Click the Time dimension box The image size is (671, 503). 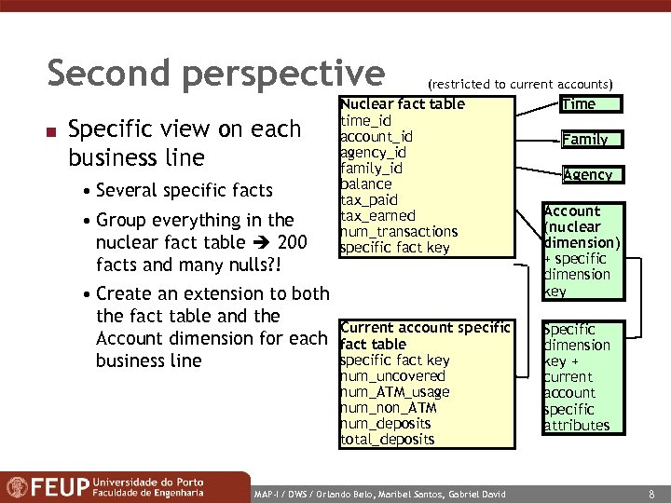578,104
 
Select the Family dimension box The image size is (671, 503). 584,140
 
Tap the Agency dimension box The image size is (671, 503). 587,174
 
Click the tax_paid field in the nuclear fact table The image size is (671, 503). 369,200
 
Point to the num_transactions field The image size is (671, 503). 399,232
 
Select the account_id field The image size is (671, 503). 377,136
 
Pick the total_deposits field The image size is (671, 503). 387,439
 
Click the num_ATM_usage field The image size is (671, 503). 394,392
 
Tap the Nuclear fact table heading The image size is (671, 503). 402,103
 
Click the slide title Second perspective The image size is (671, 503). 215,74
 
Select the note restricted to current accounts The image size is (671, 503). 519,85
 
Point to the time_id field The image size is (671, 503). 365,120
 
